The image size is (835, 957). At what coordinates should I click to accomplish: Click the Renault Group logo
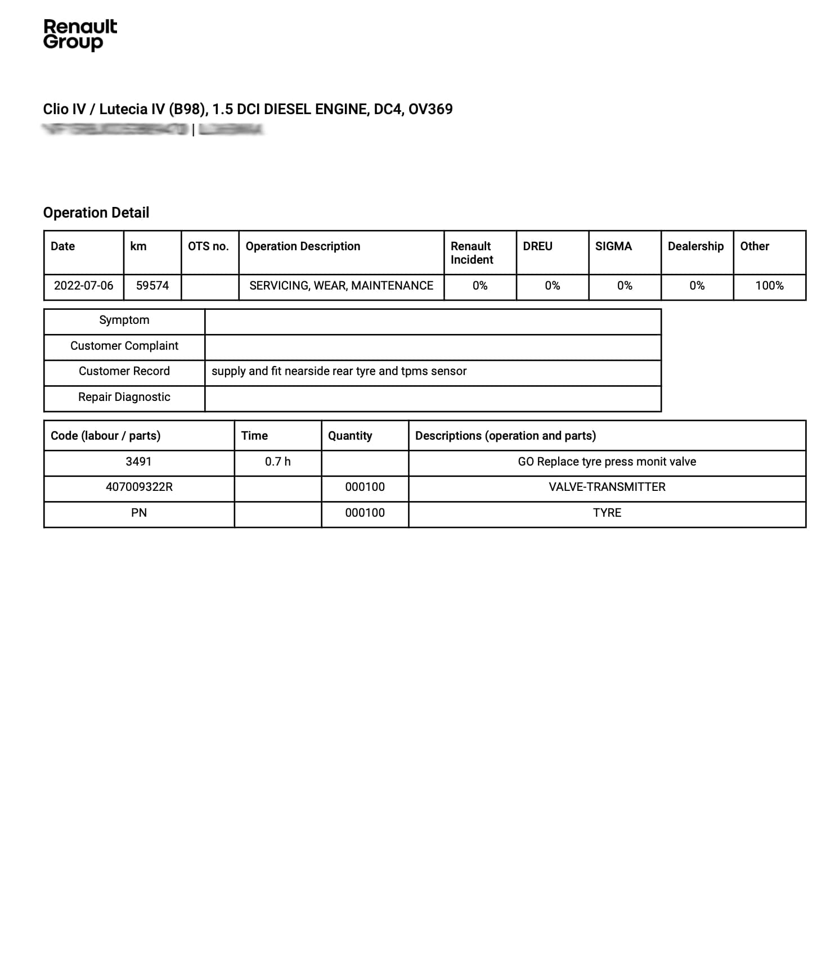tap(80, 35)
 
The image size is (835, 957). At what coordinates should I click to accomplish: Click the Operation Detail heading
tap(96, 213)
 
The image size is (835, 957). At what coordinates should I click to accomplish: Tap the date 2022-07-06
tap(83, 286)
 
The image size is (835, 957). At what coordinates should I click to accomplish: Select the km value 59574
tap(152, 286)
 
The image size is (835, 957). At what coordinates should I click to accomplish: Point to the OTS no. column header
tap(208, 246)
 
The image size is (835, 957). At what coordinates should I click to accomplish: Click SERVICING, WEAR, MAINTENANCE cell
tap(341, 286)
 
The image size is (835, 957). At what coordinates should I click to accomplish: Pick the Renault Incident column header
tap(472, 252)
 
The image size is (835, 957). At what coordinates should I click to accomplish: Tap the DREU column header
tap(537, 246)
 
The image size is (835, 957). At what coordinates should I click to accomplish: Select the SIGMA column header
tap(613, 246)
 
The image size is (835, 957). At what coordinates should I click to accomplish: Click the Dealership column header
tap(695, 246)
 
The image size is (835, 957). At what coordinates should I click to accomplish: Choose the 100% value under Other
tap(769, 286)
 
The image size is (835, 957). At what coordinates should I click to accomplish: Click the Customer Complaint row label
tap(124, 346)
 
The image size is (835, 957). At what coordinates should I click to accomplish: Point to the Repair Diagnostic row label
tap(124, 397)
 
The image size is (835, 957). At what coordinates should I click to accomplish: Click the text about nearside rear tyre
tap(339, 371)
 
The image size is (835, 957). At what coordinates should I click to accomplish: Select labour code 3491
tap(138, 462)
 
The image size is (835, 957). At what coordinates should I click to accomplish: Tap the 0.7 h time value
tap(277, 462)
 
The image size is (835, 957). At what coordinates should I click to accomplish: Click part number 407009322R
tap(139, 487)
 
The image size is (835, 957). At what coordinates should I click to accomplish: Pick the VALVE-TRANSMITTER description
tap(607, 487)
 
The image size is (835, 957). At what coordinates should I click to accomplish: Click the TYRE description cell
tap(607, 513)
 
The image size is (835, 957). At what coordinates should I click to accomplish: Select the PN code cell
tap(139, 513)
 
